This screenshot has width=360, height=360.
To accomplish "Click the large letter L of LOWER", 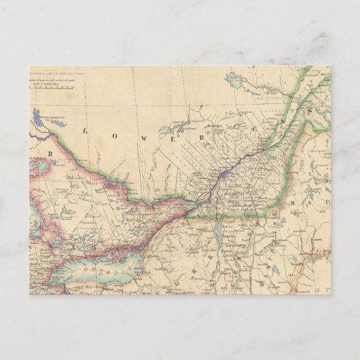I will click(x=85, y=130).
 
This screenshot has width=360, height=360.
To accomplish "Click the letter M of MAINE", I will click(x=292, y=202).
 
